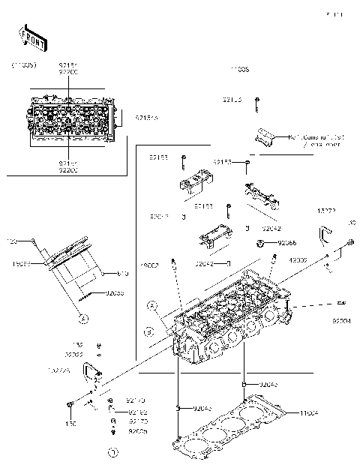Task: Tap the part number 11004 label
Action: tap(309, 413)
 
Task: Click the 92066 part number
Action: tap(287, 243)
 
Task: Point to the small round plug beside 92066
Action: tap(261, 243)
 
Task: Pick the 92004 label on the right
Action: tap(342, 320)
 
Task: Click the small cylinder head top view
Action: tap(73, 118)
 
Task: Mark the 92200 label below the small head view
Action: tap(68, 170)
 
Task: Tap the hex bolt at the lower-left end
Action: tap(70, 406)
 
